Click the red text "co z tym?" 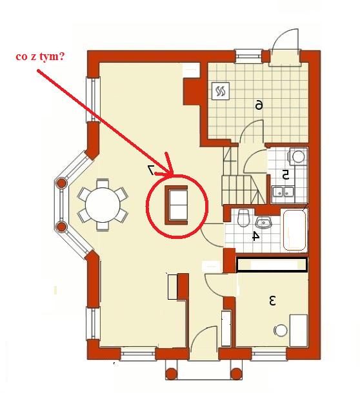click(40, 57)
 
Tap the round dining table click(103, 205)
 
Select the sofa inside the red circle click(176, 205)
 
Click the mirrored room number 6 click(259, 105)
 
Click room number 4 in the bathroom click(255, 236)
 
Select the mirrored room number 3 click(272, 301)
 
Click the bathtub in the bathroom click(294, 230)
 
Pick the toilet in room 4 click(243, 218)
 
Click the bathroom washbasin click(263, 222)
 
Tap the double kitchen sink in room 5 click(283, 191)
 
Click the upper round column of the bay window click(62, 183)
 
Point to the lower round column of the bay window click(61, 227)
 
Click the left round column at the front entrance click(171, 374)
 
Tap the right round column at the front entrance click(236, 374)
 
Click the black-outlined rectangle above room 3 click(272, 265)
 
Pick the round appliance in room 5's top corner click(298, 156)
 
